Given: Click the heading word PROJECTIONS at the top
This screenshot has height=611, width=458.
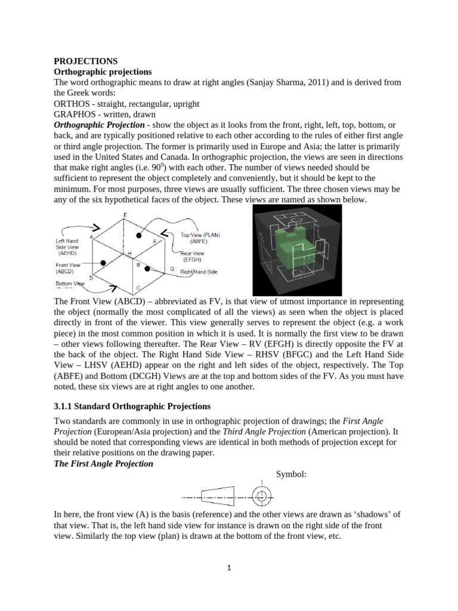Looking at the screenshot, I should [x=86, y=61].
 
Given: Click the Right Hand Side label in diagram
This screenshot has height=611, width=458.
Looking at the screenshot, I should [x=199, y=271].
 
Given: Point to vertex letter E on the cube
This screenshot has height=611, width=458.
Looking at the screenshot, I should [x=124, y=214].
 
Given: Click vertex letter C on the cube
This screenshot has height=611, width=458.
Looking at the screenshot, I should [x=138, y=288].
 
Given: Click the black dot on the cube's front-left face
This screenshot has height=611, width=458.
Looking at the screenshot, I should [x=103, y=263].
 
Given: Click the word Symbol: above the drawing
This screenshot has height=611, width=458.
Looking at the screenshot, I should [x=291, y=474].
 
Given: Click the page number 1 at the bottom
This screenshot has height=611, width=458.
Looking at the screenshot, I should [x=229, y=569].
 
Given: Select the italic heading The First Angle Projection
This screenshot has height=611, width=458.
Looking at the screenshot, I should [x=104, y=464].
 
